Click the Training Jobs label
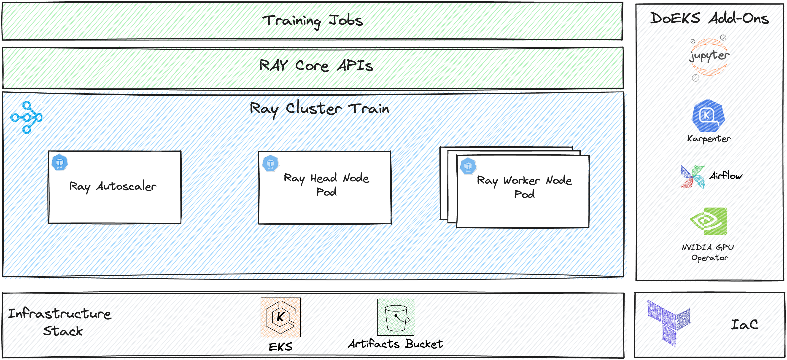tap(313, 21)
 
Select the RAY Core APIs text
tap(316, 65)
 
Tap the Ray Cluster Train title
tap(319, 109)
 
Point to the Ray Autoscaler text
tap(113, 186)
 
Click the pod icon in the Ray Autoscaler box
tap(59, 162)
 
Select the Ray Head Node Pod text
tap(326, 184)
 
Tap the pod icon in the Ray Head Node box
tap(270, 163)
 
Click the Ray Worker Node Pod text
tap(524, 187)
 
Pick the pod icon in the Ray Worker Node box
tap(468, 166)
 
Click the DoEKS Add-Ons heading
tap(709, 18)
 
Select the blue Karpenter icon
tap(708, 116)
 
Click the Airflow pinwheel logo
tap(693, 177)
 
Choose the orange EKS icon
tap(280, 317)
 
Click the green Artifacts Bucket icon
tap(395, 317)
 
